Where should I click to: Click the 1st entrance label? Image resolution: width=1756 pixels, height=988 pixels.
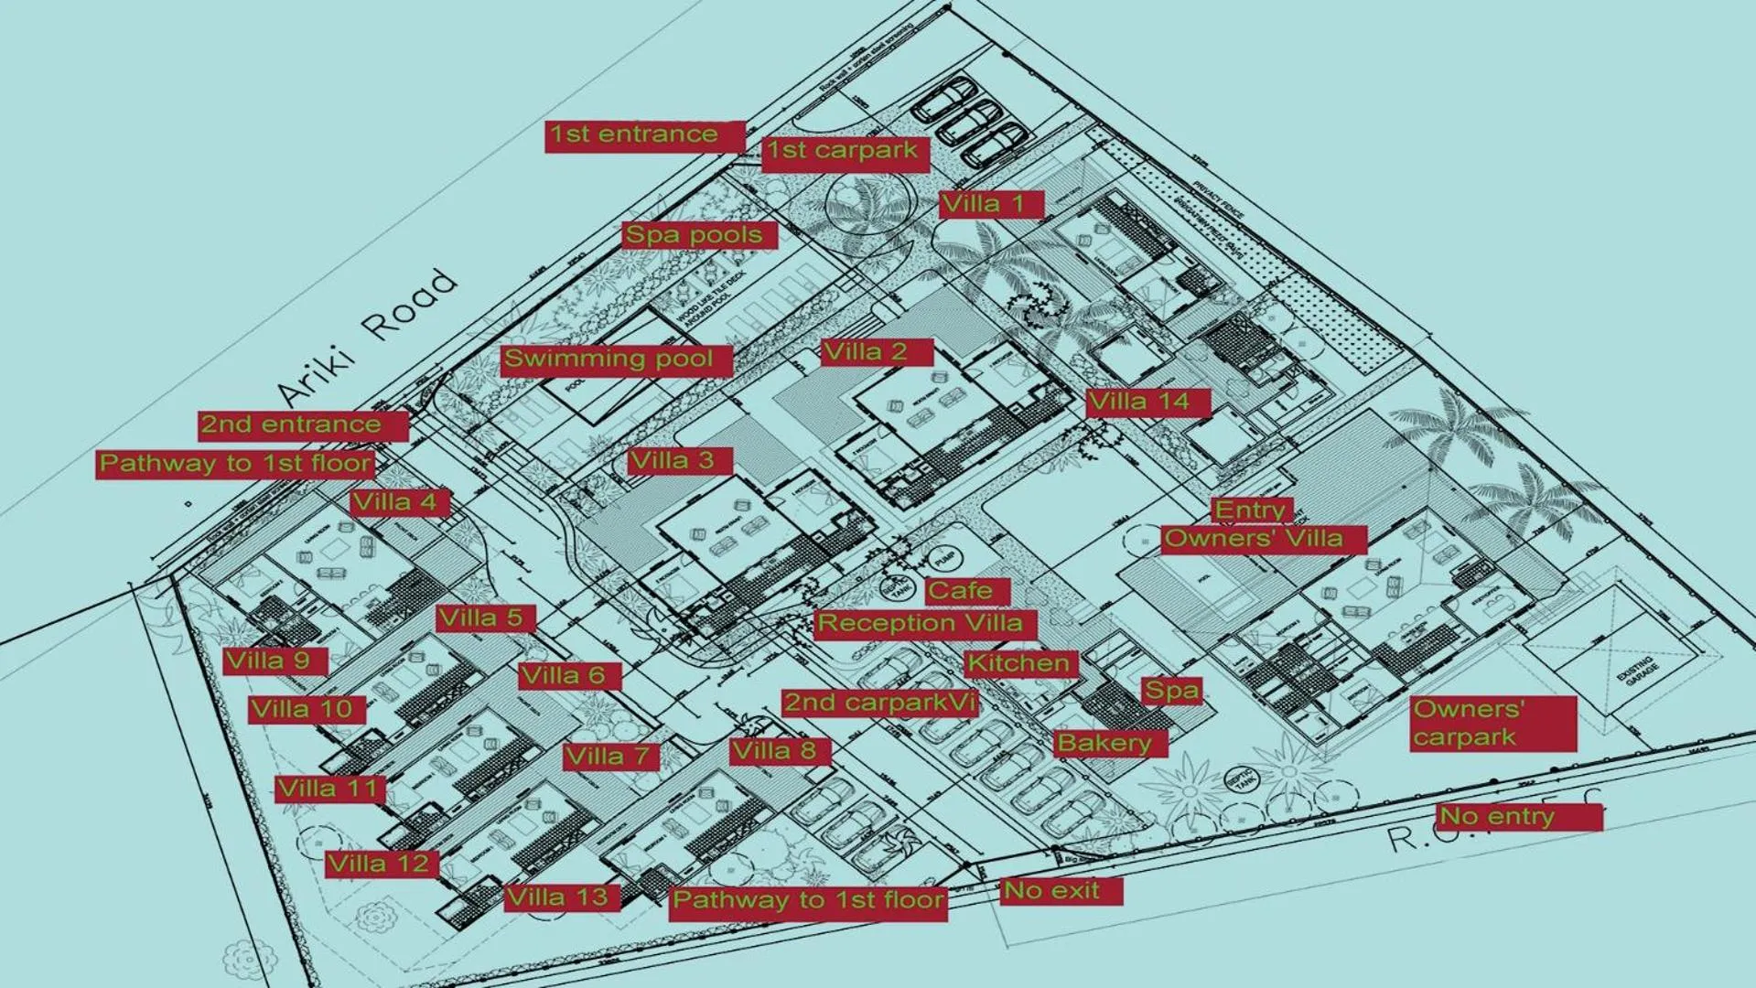coord(644,135)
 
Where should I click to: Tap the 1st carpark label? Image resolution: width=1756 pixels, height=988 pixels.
coord(844,152)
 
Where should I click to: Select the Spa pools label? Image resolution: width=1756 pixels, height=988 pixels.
coord(697,235)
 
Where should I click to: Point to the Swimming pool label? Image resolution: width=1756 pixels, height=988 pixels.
coord(615,359)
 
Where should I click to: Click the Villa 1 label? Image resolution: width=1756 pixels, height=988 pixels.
coord(990,204)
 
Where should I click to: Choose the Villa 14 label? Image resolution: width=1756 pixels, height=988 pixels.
coord(1147,402)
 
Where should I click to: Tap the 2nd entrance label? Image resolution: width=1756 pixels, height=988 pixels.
coord(301,425)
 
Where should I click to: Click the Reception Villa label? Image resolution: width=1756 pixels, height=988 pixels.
coord(923,625)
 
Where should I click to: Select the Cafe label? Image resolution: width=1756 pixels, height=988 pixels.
coord(964,591)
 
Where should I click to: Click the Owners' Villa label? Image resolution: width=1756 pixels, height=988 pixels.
coord(1262,539)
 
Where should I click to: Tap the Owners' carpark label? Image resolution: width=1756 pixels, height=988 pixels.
coord(1492,724)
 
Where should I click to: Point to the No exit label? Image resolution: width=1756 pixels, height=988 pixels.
coord(1060,891)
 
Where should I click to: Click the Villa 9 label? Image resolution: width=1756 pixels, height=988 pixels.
coord(274,661)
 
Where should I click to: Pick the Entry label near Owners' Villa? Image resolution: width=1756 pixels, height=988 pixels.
coord(1249,510)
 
